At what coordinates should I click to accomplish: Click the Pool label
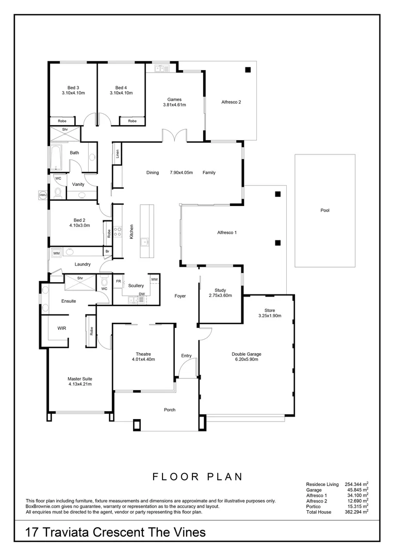[x=324, y=210]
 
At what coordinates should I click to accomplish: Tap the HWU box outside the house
[x=42, y=195]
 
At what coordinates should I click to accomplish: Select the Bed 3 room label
[x=73, y=88]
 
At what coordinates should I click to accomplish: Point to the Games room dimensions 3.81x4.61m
[x=174, y=105]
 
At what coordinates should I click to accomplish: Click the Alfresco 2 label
[x=231, y=102]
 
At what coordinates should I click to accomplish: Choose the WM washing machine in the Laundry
[x=56, y=253]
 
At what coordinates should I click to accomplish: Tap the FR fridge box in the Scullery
[x=118, y=282]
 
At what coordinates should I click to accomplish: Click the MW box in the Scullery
[x=154, y=280]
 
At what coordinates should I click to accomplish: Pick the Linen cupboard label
[x=117, y=153]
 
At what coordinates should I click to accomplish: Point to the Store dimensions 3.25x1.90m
[x=269, y=316]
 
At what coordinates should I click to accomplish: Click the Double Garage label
[x=246, y=354]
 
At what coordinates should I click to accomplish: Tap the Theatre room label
[x=143, y=354]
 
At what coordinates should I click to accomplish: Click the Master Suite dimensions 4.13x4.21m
[x=79, y=384]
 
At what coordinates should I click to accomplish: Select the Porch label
[x=170, y=410]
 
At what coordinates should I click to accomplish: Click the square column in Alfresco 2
[x=248, y=70]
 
